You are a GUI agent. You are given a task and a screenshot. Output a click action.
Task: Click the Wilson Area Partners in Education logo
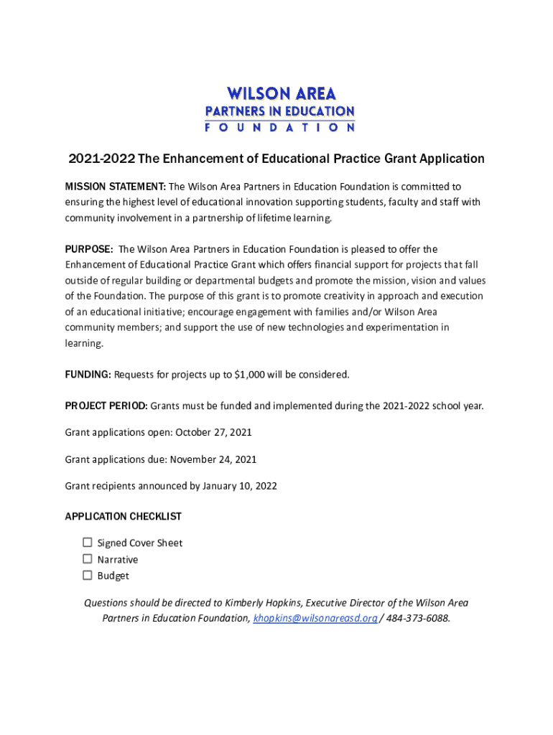pyautogui.click(x=280, y=108)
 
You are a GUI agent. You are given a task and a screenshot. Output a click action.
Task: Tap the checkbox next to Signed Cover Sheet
pyautogui.click(x=88, y=543)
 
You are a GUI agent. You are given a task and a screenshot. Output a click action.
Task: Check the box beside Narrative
pyautogui.click(x=88, y=559)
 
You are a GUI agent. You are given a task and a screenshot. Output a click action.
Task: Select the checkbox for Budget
pyautogui.click(x=88, y=575)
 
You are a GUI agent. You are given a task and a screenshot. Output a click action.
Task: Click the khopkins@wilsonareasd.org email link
pyautogui.click(x=315, y=618)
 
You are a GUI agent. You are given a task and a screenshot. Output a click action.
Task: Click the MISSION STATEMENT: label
pyautogui.click(x=115, y=187)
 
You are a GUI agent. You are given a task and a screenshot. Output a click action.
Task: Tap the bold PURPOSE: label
pyautogui.click(x=88, y=249)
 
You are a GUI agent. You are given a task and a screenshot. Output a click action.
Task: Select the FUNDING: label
pyautogui.click(x=88, y=374)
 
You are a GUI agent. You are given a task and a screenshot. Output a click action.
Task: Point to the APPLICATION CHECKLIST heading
pyautogui.click(x=123, y=517)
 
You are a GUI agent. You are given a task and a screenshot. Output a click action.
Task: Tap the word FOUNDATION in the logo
pyautogui.click(x=280, y=128)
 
